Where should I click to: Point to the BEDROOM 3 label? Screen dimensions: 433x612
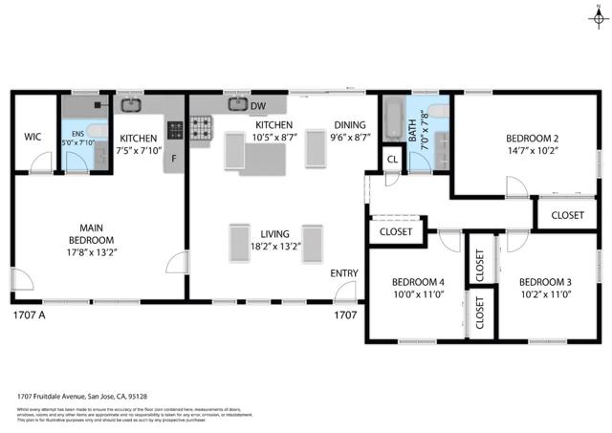[544, 282]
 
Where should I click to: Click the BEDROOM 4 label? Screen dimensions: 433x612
[418, 282]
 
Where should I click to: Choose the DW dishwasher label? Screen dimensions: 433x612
[257, 104]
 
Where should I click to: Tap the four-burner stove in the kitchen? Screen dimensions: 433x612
[203, 127]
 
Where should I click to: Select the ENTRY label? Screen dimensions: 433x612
[344, 274]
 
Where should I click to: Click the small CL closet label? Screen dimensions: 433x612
[392, 159]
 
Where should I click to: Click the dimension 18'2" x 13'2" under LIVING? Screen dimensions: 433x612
[274, 245]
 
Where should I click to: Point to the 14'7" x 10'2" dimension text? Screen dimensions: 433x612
[531, 149]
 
